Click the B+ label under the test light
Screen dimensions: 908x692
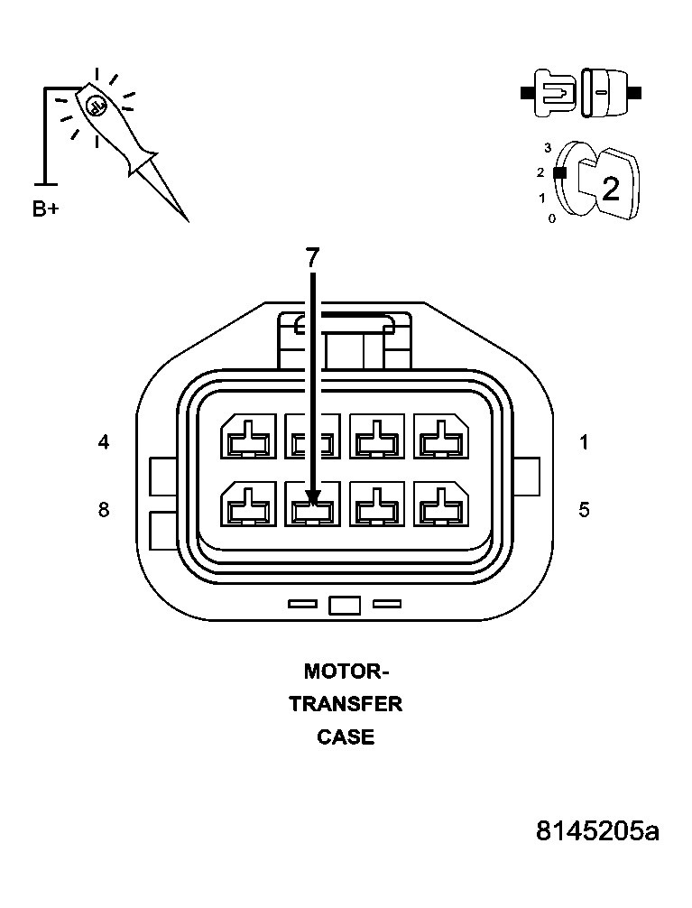pos(46,209)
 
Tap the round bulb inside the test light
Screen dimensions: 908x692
pos(97,106)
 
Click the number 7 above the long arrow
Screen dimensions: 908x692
pos(312,258)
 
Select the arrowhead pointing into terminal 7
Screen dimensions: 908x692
pos(313,496)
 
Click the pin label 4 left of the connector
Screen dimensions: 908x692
pos(104,442)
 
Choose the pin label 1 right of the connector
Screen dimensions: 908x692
pos(584,442)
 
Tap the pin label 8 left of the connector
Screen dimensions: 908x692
pos(104,510)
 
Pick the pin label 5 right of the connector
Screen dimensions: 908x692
pos(584,510)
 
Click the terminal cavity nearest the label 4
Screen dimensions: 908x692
pos(248,438)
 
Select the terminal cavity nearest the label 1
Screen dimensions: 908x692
pos(441,438)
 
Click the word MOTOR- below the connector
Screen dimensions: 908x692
pos(346,672)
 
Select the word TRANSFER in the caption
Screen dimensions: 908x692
pos(346,704)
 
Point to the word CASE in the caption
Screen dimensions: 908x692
pos(346,737)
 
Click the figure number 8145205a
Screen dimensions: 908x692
pos(596,830)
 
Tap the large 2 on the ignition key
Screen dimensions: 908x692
pos(611,189)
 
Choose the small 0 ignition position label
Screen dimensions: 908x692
pos(551,218)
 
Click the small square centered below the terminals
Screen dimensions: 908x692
pos(345,605)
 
